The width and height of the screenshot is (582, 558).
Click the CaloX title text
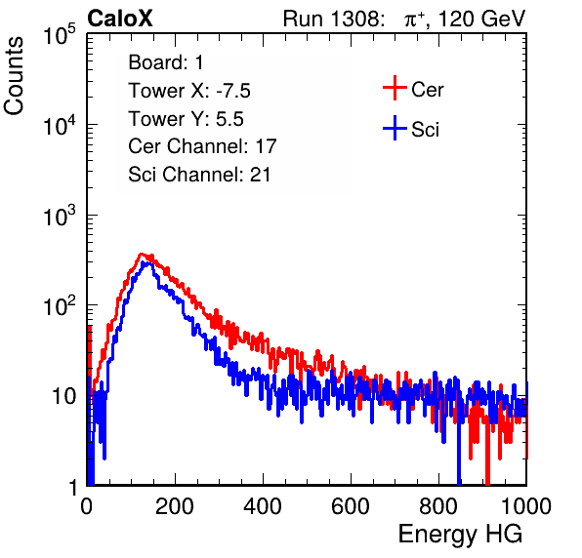[x=120, y=19]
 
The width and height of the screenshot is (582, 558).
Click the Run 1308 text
[x=333, y=19]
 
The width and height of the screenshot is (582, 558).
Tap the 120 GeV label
[x=481, y=19]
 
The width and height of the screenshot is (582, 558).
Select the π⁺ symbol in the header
[x=414, y=19]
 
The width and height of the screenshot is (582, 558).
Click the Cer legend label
[x=427, y=90]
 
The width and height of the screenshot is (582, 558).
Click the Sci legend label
[x=425, y=130]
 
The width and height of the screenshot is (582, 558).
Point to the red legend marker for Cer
[x=395, y=88]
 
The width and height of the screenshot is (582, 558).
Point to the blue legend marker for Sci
[x=395, y=128]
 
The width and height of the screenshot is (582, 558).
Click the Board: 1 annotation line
[x=166, y=62]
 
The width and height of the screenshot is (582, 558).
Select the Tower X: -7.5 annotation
[x=189, y=91]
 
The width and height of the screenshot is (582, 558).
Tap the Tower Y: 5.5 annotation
[x=186, y=119]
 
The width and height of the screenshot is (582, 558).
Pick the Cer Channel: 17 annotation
[x=203, y=146]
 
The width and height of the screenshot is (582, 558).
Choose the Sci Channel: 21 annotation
[x=199, y=175]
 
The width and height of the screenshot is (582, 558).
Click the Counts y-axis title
[x=14, y=76]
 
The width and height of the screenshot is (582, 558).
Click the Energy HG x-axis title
[x=460, y=535]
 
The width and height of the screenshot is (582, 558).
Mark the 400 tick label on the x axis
[x=263, y=506]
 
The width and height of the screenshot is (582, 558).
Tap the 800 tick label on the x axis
[x=438, y=506]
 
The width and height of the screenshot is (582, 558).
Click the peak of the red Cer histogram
[x=141, y=254]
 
